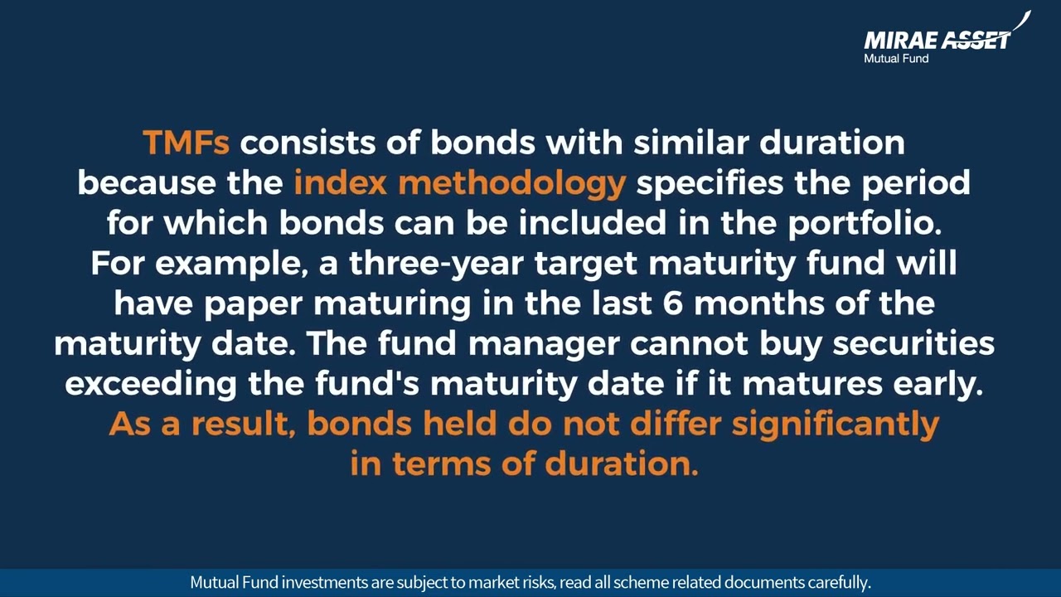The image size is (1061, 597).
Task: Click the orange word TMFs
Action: pos(186,143)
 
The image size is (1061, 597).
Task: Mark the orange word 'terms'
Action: pos(442,464)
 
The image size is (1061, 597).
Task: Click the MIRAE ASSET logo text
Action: pos(937,39)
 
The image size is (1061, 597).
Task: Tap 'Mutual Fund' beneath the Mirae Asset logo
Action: pos(896,59)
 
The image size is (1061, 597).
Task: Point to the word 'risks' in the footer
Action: pos(536,582)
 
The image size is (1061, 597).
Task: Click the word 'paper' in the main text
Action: pos(253,303)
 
